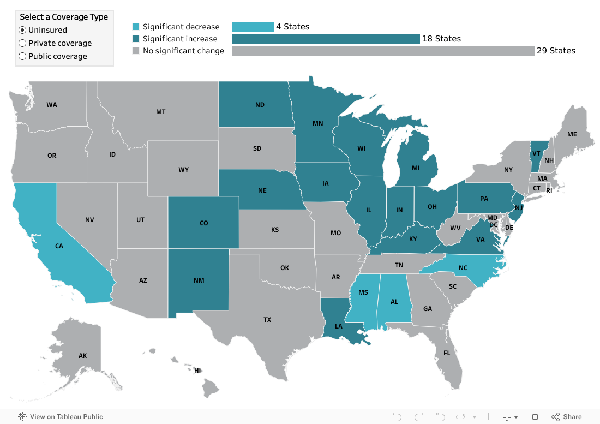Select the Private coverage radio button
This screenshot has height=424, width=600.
click(22, 43)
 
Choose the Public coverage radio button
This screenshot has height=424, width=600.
click(22, 56)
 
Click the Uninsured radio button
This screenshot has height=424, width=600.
click(22, 30)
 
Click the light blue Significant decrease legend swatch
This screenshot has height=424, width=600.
click(136, 27)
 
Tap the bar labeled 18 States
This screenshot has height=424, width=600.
click(326, 39)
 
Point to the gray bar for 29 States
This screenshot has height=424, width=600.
click(383, 51)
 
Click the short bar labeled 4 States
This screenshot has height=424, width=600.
click(253, 27)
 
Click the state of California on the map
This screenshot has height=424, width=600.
click(59, 246)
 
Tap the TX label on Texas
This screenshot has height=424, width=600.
click(267, 319)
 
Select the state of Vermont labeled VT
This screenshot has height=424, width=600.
click(537, 154)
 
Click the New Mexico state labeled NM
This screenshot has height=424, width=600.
click(200, 280)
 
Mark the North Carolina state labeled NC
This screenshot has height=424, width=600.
click(463, 268)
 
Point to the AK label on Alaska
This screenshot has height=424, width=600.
click(82, 356)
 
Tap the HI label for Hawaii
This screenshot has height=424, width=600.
click(197, 371)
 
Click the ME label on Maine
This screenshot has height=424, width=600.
click(572, 134)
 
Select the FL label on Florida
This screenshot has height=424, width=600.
click(447, 353)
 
